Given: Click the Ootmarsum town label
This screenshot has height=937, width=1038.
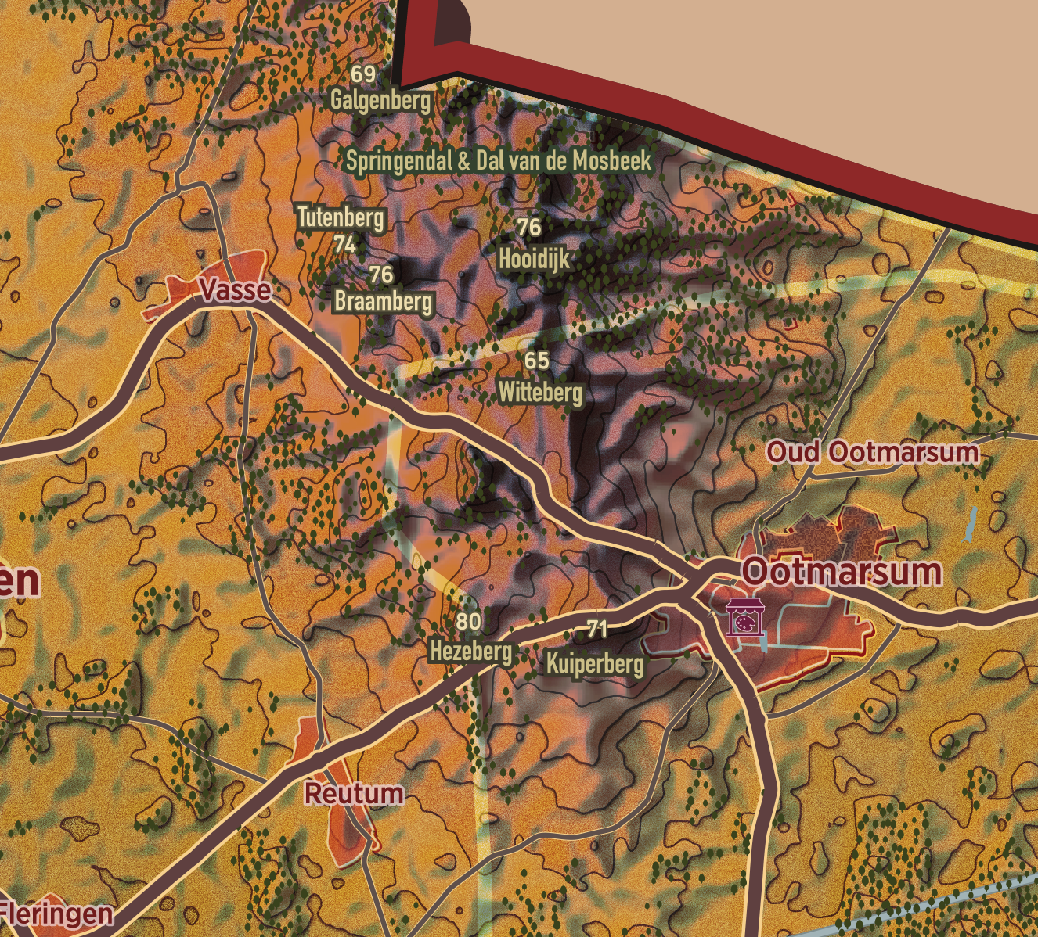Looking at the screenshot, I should coord(842,572).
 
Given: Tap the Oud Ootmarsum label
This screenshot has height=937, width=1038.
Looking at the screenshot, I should coord(872,452).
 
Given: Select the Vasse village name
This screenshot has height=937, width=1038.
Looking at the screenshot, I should coord(236,290).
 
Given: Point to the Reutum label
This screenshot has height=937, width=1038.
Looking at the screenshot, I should coord(354,793).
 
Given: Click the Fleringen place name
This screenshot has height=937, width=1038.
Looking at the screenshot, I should coord(56,914).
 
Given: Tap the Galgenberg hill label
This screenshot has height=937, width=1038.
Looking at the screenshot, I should coord(380,100).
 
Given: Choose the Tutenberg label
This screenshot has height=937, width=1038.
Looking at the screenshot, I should coord(341,217).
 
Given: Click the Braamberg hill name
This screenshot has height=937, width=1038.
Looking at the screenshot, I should coord(384,301).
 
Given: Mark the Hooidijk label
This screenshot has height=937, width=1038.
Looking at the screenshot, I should coord(535,259).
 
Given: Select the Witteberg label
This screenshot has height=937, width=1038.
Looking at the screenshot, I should coord(541,392).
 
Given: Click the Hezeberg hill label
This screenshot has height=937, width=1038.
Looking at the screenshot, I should coord(471,651).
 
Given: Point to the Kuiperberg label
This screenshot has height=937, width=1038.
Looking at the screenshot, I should coord(596,664).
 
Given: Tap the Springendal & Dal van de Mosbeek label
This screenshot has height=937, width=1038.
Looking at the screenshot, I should coord(499,161).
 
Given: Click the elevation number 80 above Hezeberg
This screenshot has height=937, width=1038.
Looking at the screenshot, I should coord(468,622).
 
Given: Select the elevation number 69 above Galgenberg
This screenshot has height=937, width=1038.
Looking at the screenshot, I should coord(363,74).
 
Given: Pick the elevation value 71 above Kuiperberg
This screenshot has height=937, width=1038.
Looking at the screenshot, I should coord(597,628).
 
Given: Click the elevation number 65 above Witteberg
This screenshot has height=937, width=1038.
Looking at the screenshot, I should coord(537,361).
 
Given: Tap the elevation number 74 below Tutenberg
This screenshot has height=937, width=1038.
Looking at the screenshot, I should coord(345,245).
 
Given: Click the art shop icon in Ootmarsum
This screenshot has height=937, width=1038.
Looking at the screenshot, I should coord(744,618).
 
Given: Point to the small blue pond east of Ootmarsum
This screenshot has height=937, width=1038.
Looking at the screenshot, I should coord(970,524).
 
